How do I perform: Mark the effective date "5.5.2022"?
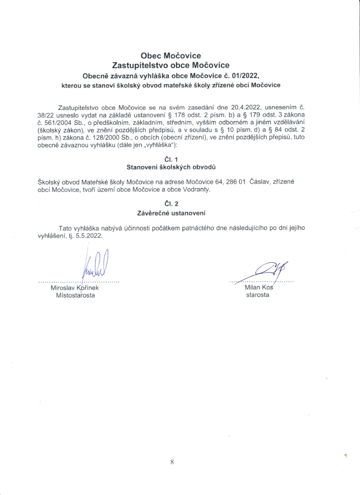(x=89, y=235)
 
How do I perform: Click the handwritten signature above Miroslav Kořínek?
(x=95, y=265)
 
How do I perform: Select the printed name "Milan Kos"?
(x=258, y=288)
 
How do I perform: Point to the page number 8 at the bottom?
(x=172, y=462)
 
